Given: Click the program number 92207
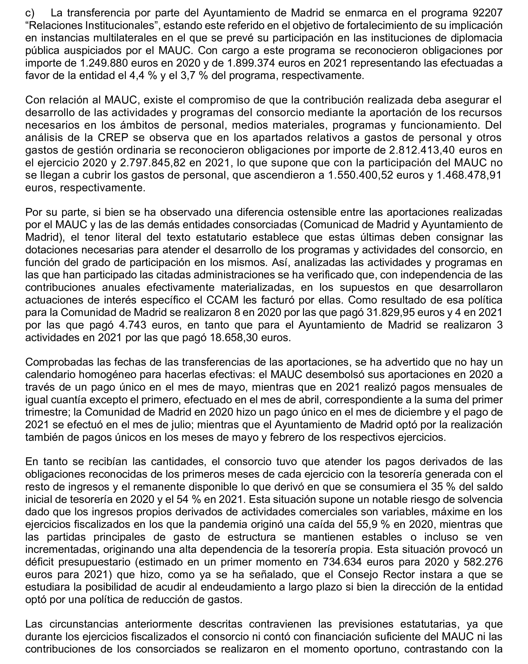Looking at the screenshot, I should click(x=487, y=13).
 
